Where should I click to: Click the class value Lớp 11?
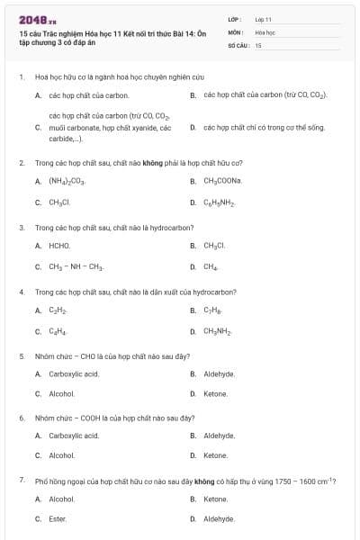[263, 19]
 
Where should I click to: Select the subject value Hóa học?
[265, 31]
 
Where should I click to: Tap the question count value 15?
[257, 44]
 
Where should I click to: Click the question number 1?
[21, 77]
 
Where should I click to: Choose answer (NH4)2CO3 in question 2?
[67, 181]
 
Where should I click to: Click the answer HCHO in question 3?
[59, 245]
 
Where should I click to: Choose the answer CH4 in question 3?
[211, 266]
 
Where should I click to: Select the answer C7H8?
[212, 310]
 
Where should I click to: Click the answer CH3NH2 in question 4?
[218, 331]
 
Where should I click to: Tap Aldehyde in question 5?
[219, 373]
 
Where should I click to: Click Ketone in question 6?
[215, 455]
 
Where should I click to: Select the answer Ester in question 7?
[58, 518]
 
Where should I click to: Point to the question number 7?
[21, 481]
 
